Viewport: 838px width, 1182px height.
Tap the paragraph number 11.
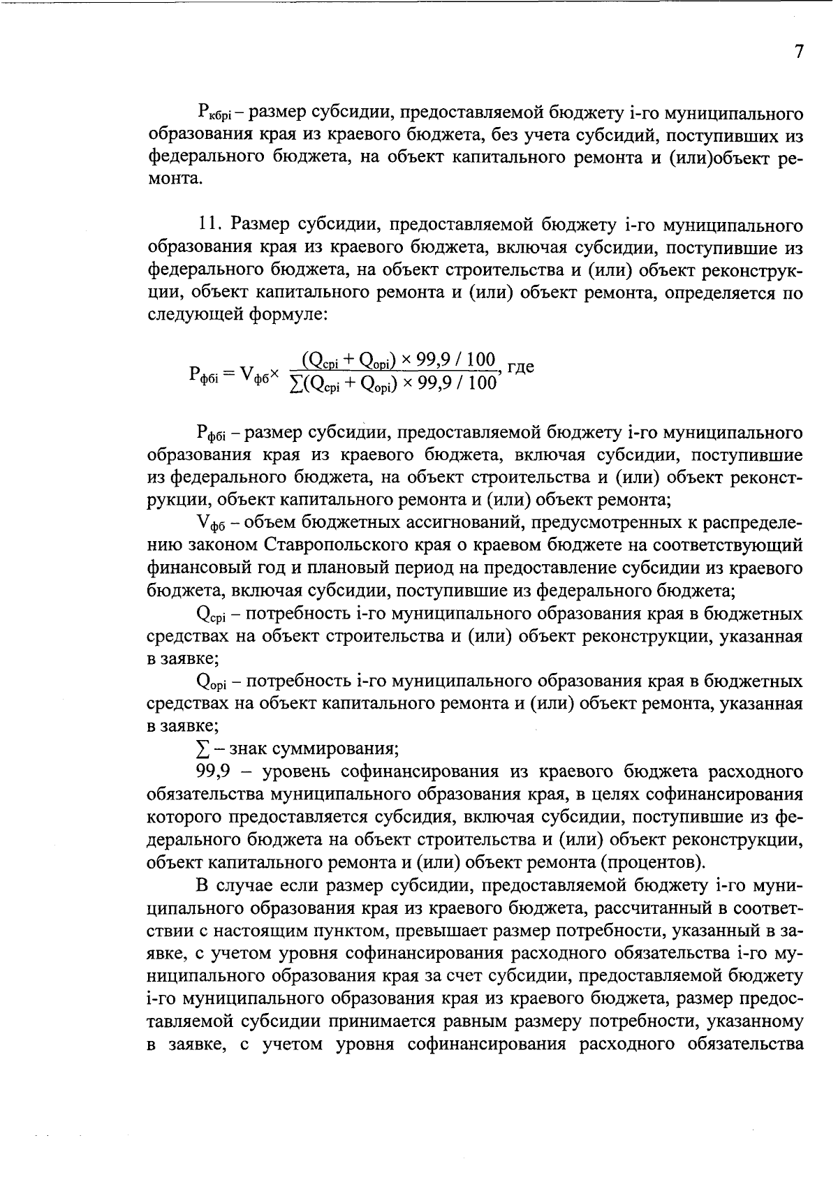click(210, 225)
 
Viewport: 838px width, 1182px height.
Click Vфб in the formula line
click(257, 374)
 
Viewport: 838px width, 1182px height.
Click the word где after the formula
click(520, 367)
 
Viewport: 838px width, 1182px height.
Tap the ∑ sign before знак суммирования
click(203, 749)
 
